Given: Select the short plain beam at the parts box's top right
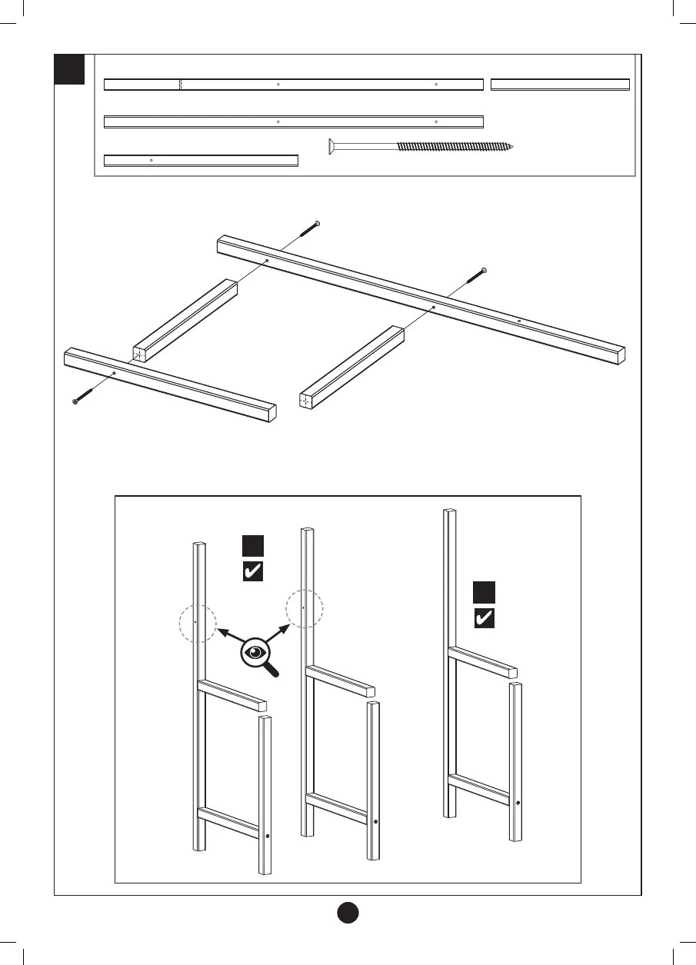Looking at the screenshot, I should (x=560, y=85).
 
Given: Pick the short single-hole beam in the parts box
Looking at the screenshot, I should (x=201, y=160).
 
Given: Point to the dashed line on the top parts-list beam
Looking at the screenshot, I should (x=179, y=85).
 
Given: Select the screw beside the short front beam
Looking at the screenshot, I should (x=84, y=394).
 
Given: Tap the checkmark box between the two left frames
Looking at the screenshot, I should (x=253, y=571).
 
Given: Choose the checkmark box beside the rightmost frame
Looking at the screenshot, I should (x=484, y=618).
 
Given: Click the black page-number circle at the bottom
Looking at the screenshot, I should (x=348, y=912).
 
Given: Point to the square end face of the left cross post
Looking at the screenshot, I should (x=140, y=354).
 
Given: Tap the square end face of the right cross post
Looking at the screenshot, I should (x=307, y=400).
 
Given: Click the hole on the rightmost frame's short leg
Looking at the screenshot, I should (x=518, y=803).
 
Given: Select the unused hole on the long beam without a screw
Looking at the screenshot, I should (x=519, y=320).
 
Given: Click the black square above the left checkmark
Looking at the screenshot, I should (x=253, y=545).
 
